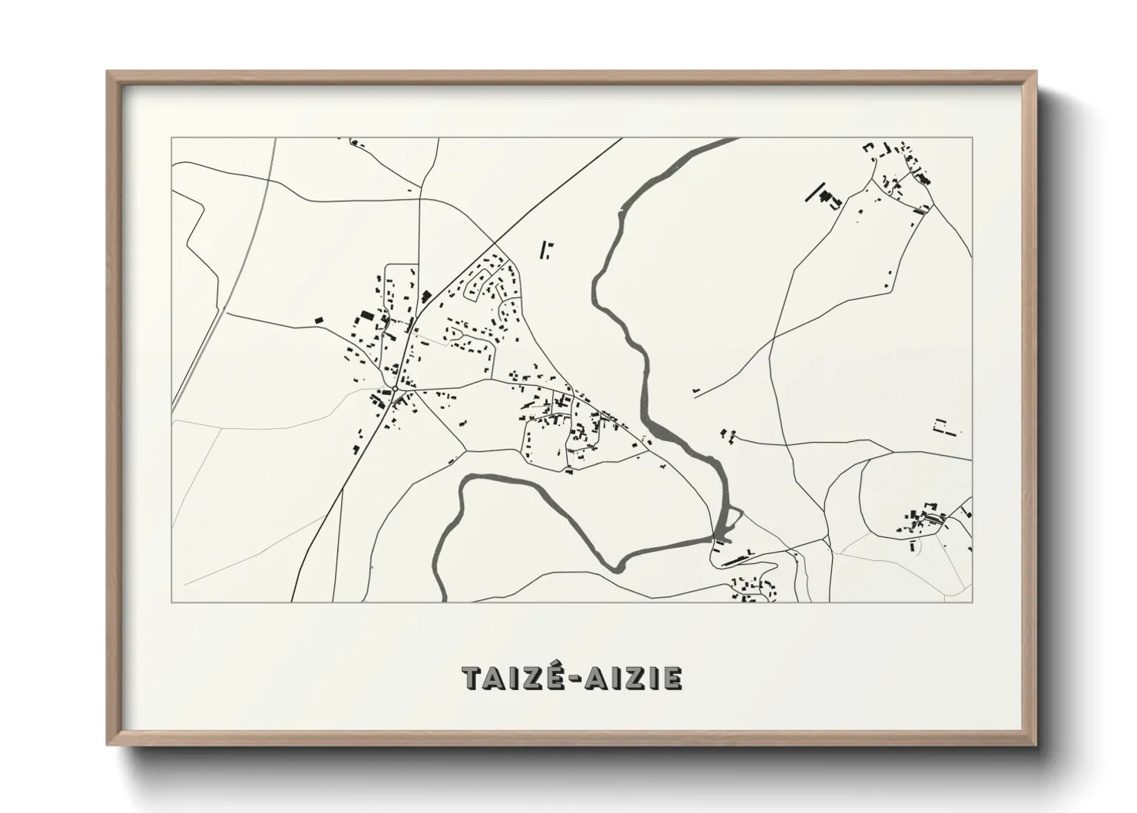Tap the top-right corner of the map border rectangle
(972, 138)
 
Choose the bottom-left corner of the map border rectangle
(172, 602)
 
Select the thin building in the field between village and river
(547, 249)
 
